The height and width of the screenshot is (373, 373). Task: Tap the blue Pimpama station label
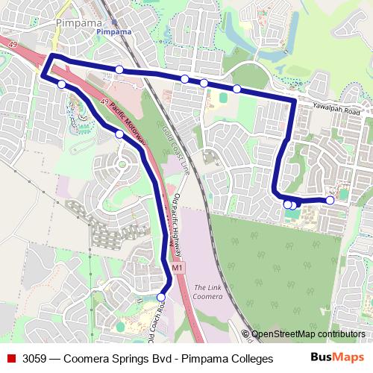click(114, 32)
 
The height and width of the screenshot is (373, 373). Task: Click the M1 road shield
click(177, 267)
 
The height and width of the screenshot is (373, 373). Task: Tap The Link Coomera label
click(208, 292)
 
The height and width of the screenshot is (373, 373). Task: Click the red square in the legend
click(11, 358)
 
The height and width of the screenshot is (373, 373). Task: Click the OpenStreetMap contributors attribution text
click(307, 334)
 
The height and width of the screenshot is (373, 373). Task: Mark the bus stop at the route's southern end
click(161, 297)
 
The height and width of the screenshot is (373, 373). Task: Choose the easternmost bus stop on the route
click(330, 200)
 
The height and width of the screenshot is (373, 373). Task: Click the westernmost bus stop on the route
click(61, 84)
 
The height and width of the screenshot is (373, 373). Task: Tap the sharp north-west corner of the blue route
click(51, 57)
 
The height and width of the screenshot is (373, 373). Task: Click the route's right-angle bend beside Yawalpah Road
click(294, 101)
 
